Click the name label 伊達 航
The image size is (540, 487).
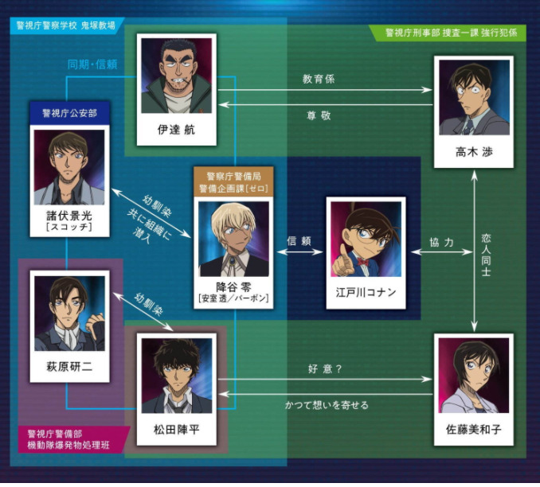click(176, 130)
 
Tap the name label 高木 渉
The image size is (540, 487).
click(474, 152)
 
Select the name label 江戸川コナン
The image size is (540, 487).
click(366, 293)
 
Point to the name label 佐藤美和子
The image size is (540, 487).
click(474, 429)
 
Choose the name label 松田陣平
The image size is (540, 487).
click(176, 429)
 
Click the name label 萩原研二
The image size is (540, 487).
click(69, 367)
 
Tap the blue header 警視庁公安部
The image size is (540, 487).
click(69, 113)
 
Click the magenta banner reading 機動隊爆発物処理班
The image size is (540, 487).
click(68, 445)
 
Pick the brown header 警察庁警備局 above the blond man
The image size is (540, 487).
click(233, 177)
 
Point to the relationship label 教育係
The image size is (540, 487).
click(319, 79)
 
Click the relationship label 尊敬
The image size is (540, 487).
click(319, 115)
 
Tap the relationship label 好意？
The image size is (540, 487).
click(325, 369)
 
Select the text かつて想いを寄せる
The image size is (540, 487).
click(327, 405)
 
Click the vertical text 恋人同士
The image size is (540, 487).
click(486, 255)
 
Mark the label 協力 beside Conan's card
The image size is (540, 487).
click(441, 242)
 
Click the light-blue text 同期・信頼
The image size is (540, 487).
click(92, 64)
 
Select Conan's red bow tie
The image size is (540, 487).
click(362, 262)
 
